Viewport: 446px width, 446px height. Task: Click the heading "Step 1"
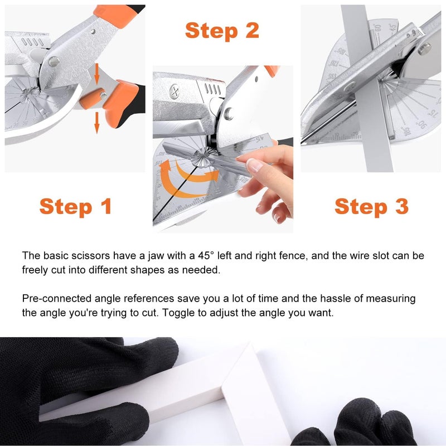pyautogui.click(x=76, y=206)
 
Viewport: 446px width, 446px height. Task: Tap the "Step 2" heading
pyautogui.click(x=222, y=30)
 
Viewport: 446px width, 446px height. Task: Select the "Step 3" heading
pyautogui.click(x=371, y=206)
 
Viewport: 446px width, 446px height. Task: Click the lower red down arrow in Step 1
pyautogui.click(x=96, y=123)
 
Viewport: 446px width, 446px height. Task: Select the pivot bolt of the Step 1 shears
pyautogui.click(x=54, y=62)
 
